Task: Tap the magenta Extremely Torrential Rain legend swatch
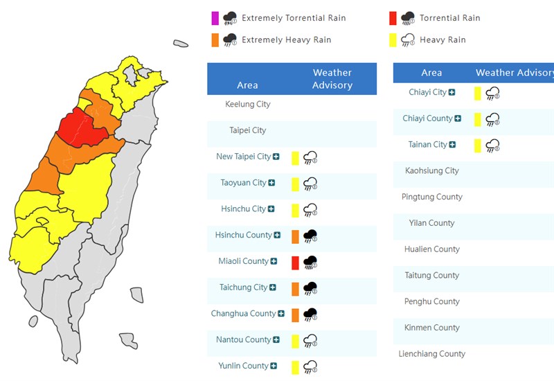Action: click(x=215, y=18)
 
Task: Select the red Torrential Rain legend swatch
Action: click(x=393, y=18)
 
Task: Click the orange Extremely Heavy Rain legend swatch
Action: click(x=215, y=39)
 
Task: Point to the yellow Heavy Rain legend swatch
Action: click(x=393, y=39)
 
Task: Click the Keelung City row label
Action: click(x=248, y=105)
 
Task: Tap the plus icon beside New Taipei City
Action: click(x=276, y=157)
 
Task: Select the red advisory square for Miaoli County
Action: click(x=295, y=262)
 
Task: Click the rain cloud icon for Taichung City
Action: click(x=310, y=288)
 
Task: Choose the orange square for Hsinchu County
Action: click(x=295, y=236)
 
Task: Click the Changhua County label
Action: click(x=243, y=314)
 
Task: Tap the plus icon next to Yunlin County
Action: click(x=274, y=366)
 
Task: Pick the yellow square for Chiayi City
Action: click(x=478, y=93)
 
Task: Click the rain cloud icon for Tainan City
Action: click(x=492, y=145)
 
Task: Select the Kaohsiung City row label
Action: click(x=432, y=170)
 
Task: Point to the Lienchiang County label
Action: click(x=432, y=354)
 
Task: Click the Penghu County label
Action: click(x=432, y=301)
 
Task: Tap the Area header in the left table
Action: click(x=247, y=85)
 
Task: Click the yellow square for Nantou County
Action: click(x=295, y=340)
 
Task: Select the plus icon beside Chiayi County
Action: click(x=458, y=118)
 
